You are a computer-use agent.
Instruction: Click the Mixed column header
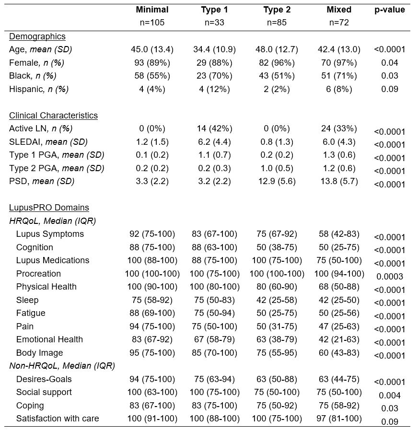click(x=339, y=10)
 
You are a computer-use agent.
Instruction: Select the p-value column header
click(x=389, y=10)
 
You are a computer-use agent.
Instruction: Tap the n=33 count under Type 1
click(x=214, y=23)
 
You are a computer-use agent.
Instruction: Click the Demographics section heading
click(x=37, y=36)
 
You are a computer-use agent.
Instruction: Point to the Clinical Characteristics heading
click(x=53, y=116)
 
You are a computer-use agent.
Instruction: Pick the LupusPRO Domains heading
click(x=49, y=208)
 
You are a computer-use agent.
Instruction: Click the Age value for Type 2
click(x=277, y=49)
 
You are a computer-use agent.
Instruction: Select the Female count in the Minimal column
click(x=152, y=63)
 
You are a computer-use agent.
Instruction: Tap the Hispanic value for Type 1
click(x=214, y=89)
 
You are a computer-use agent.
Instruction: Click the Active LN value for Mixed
click(x=339, y=128)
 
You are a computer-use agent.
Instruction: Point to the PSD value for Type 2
click(x=277, y=181)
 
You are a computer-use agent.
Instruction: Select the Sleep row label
click(x=27, y=300)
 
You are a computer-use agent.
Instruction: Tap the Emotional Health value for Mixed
click(x=339, y=339)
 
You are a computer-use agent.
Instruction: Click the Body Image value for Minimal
click(x=152, y=353)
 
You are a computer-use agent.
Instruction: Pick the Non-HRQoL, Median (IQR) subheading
click(x=62, y=366)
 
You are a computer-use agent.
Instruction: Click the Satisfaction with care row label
click(x=58, y=419)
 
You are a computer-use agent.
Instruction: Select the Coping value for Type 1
click(x=214, y=406)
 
